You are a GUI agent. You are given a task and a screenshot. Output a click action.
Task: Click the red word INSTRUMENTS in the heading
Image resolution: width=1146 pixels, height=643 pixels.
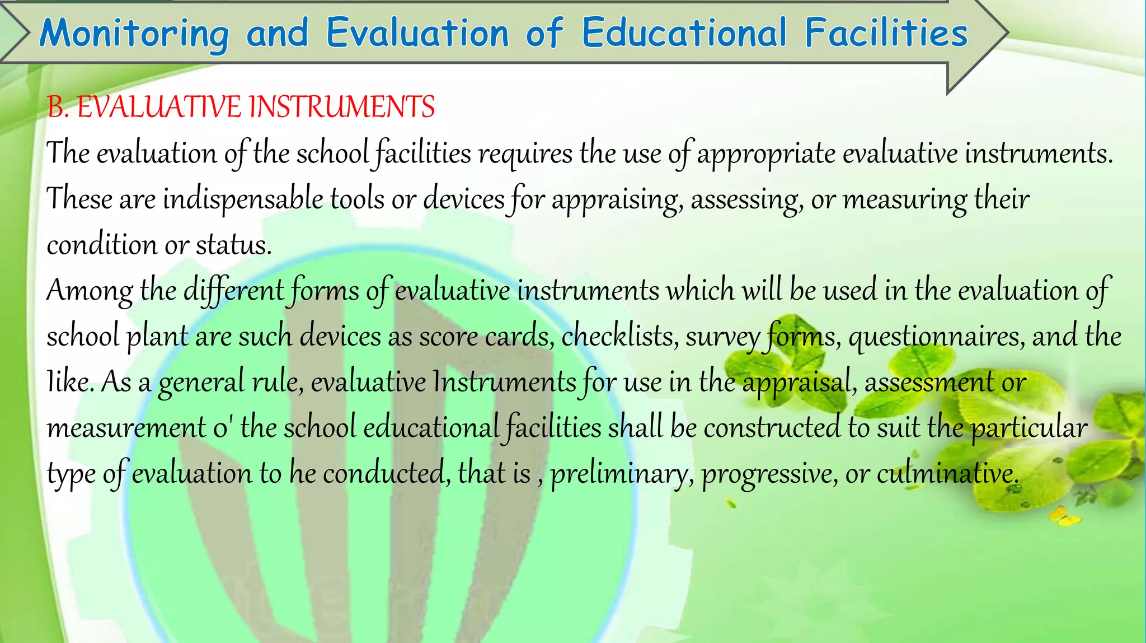341,107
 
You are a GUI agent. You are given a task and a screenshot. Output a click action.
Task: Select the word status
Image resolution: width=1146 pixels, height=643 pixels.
233,245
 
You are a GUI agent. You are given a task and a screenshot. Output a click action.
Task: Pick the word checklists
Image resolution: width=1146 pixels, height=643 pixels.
620,336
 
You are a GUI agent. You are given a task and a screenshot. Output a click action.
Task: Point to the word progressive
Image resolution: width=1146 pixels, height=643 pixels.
770,474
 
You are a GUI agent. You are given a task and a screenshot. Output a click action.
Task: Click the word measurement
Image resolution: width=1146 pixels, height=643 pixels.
126,428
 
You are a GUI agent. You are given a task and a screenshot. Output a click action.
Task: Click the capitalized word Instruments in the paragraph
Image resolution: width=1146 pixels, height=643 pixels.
504,382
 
